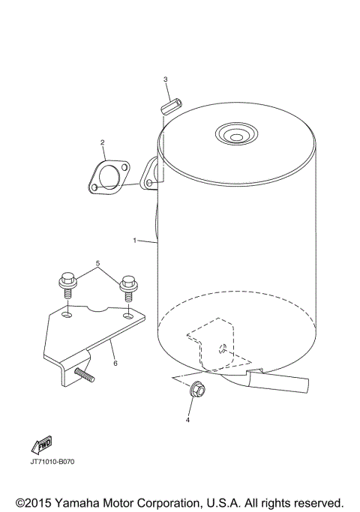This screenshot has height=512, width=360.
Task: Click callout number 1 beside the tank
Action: (x=134, y=241)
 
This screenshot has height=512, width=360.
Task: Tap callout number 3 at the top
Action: (x=166, y=79)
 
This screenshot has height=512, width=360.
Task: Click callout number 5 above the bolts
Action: (x=97, y=265)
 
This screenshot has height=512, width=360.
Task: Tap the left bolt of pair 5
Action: (x=66, y=289)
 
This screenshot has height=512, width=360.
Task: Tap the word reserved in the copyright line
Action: (x=315, y=500)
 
